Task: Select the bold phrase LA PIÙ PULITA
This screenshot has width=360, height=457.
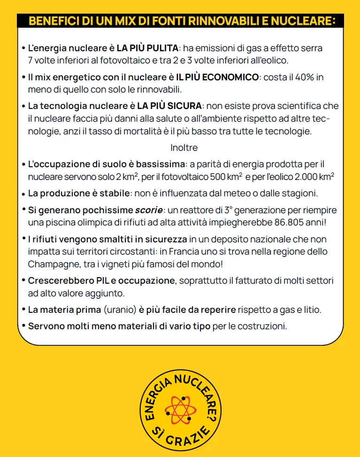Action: (147, 48)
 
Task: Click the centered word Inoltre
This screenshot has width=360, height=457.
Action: (184, 147)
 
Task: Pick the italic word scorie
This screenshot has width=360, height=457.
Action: (150, 210)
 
